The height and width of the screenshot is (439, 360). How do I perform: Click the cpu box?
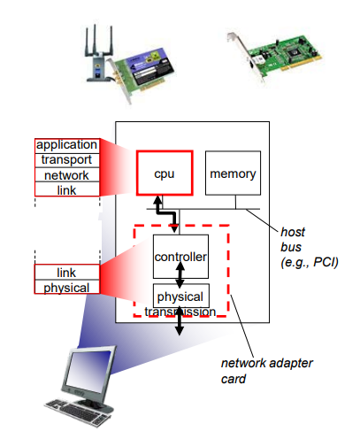coord(165,173)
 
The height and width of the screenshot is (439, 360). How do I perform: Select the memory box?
coord(233,173)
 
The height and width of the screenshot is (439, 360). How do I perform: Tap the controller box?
coord(180,257)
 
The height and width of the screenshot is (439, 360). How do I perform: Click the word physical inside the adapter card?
coord(180,297)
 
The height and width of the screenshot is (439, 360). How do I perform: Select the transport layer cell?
coord(67,160)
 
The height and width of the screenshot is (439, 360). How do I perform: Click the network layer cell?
coord(67,175)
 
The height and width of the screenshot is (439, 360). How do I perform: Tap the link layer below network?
coord(67,189)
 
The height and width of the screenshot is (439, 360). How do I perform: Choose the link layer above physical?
coord(67,272)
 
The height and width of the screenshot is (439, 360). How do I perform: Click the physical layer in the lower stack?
coord(67,287)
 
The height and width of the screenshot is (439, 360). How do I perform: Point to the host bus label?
coord(309,247)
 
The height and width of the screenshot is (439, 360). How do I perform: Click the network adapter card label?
coord(266,371)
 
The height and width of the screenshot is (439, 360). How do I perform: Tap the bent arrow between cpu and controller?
coord(166,212)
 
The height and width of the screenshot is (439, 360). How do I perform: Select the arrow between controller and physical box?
coord(180,275)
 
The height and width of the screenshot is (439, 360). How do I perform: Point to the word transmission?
coord(180,312)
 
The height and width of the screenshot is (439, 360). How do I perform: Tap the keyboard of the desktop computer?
coord(76,412)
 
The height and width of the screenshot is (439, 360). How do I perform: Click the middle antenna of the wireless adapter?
coord(95,40)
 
